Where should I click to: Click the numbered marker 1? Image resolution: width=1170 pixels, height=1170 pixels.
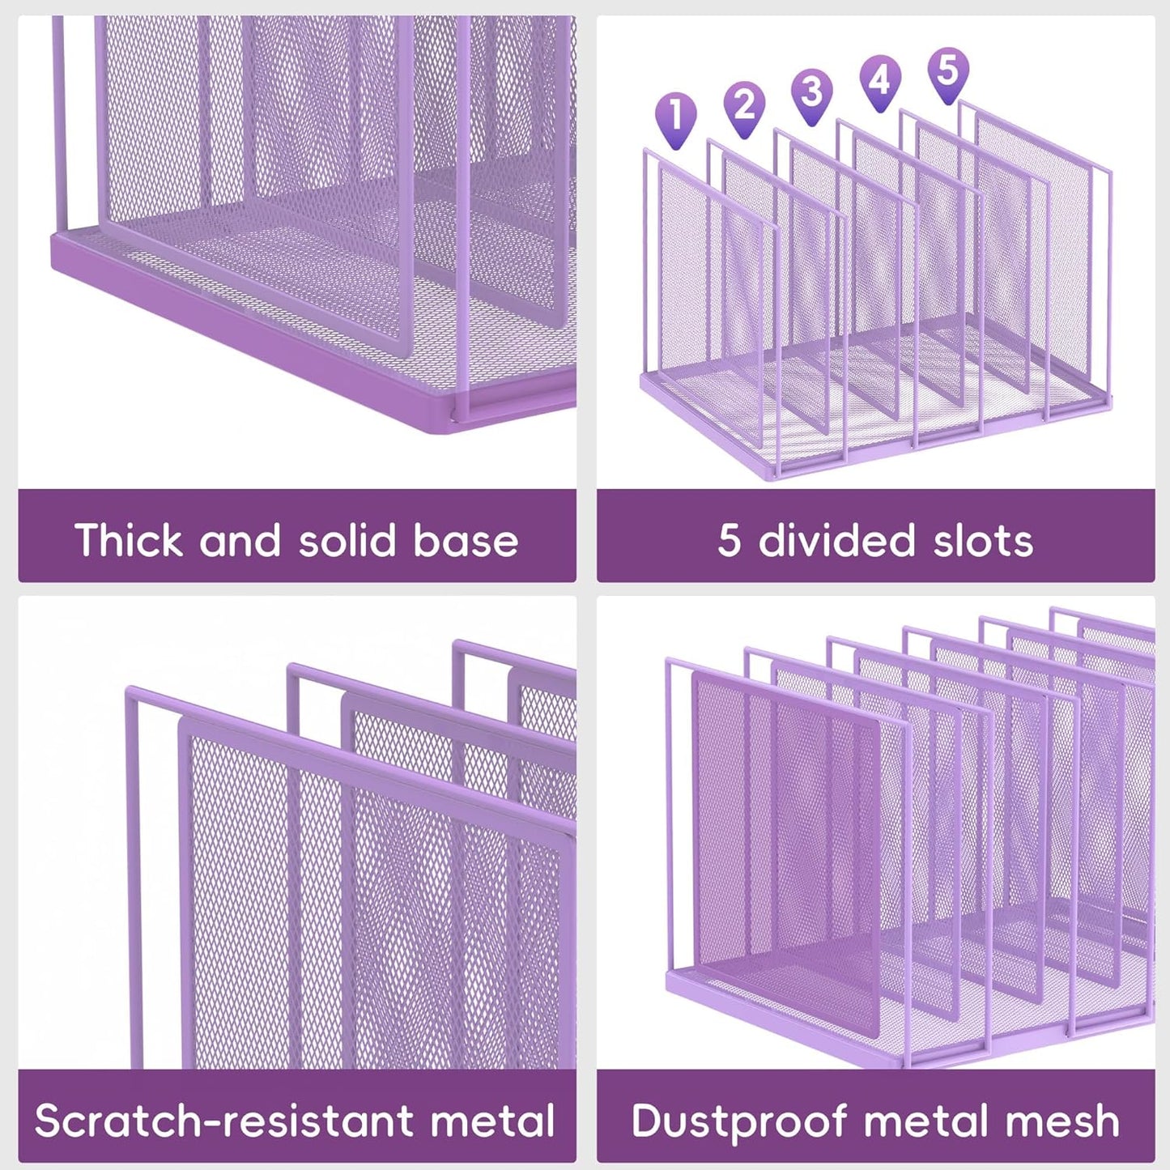pos(676,115)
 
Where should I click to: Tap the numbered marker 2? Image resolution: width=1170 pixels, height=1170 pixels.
pos(744,104)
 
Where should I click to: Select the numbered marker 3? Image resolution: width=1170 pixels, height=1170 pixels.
pos(811,91)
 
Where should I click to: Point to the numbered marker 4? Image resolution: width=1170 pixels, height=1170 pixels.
pos(880,79)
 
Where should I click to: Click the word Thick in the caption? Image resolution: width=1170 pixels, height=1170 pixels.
pos(127,540)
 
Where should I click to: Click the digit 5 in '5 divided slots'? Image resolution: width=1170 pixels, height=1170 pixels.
pos(729,540)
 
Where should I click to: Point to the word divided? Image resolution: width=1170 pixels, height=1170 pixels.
pos(836,540)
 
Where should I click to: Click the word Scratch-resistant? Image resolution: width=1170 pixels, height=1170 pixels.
pos(223,1121)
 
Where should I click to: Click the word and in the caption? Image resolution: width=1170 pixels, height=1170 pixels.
pos(240,540)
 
